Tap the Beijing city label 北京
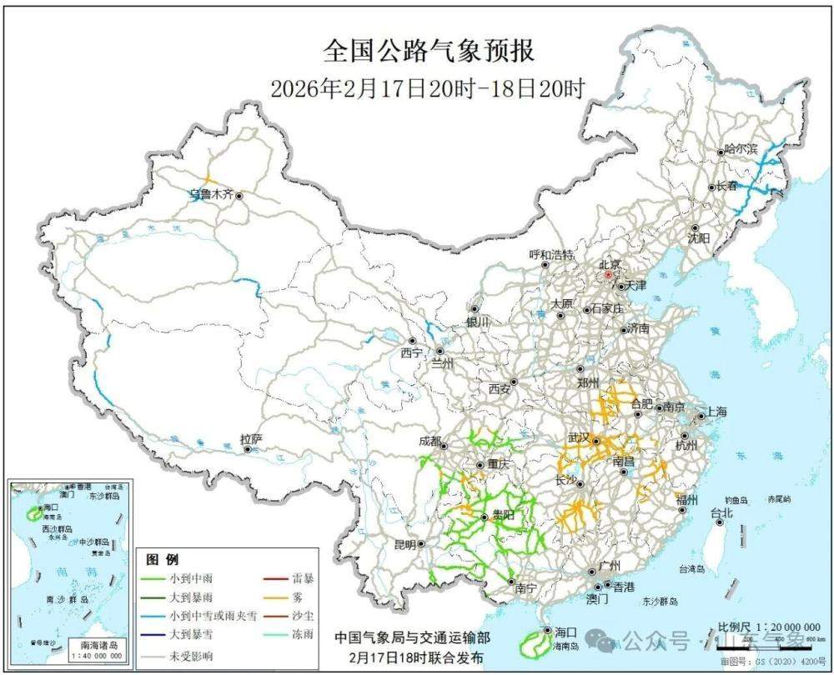(609, 265)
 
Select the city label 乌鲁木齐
(210, 195)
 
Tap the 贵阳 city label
(502, 516)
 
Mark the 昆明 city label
(404, 544)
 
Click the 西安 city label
(499, 388)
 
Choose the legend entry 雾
(298, 597)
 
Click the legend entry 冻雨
(303, 636)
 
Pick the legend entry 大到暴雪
(189, 636)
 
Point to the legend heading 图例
(163, 559)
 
